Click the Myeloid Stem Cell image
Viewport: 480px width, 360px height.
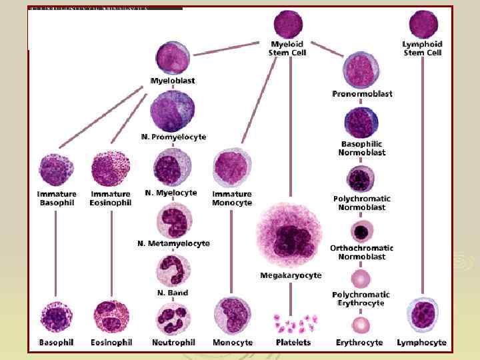288,24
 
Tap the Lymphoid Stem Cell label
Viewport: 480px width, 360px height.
423,48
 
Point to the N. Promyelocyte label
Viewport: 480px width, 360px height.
174,137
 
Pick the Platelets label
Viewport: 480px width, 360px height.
293,342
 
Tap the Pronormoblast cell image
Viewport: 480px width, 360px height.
361,69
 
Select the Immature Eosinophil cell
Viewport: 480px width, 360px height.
110,169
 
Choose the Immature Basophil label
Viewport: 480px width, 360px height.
57,198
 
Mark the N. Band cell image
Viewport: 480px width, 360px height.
173,271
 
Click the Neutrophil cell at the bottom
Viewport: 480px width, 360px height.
173,317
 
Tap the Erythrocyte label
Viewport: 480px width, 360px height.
359,342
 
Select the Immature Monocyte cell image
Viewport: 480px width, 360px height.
232,168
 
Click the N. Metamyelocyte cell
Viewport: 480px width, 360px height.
173,221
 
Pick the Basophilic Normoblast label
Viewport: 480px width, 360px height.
362,148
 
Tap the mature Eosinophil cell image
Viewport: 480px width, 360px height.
111,317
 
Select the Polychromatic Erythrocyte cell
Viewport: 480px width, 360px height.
361,277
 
